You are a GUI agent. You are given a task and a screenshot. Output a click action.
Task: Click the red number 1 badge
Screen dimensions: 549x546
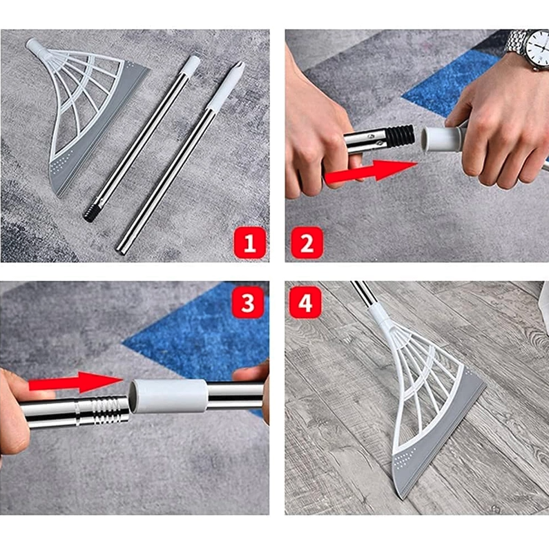click(250, 243)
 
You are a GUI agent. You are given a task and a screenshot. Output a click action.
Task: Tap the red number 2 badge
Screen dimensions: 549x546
click(307, 243)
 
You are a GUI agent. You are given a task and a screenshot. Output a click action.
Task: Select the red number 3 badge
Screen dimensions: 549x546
click(248, 302)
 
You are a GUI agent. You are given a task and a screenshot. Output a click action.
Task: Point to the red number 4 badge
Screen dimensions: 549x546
click(305, 302)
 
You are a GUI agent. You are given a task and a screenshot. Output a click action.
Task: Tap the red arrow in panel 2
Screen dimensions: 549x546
click(371, 171)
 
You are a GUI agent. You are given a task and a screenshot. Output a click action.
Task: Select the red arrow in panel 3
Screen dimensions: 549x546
click(76, 382)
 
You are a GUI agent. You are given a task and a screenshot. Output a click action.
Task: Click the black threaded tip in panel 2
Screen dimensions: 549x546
click(401, 137)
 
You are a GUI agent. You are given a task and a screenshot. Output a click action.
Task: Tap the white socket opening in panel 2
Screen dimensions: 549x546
click(428, 139)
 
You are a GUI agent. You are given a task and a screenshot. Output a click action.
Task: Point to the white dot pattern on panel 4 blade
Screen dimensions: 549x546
click(405, 457)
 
